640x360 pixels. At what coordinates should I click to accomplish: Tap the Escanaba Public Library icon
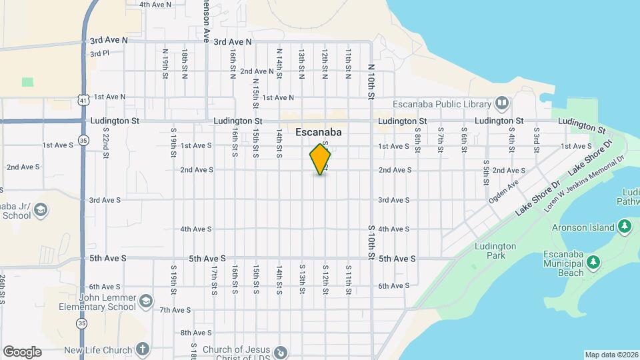[x=501, y=103]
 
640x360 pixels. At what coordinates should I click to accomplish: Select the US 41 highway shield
[x=82, y=99]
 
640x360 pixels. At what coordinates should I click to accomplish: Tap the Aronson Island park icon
[x=625, y=227]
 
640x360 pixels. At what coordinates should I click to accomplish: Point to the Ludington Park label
[x=495, y=251]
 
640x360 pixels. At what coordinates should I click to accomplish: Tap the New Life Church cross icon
[x=141, y=349]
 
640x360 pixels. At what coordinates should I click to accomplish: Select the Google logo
[x=22, y=352]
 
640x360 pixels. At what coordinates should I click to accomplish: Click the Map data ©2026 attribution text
[x=611, y=355]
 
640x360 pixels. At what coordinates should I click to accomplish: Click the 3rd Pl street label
[x=99, y=53]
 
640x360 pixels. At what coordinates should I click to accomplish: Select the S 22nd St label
[x=105, y=143]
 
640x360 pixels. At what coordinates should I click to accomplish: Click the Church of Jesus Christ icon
[x=281, y=351]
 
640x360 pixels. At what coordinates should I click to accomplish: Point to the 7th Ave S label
[x=175, y=310]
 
